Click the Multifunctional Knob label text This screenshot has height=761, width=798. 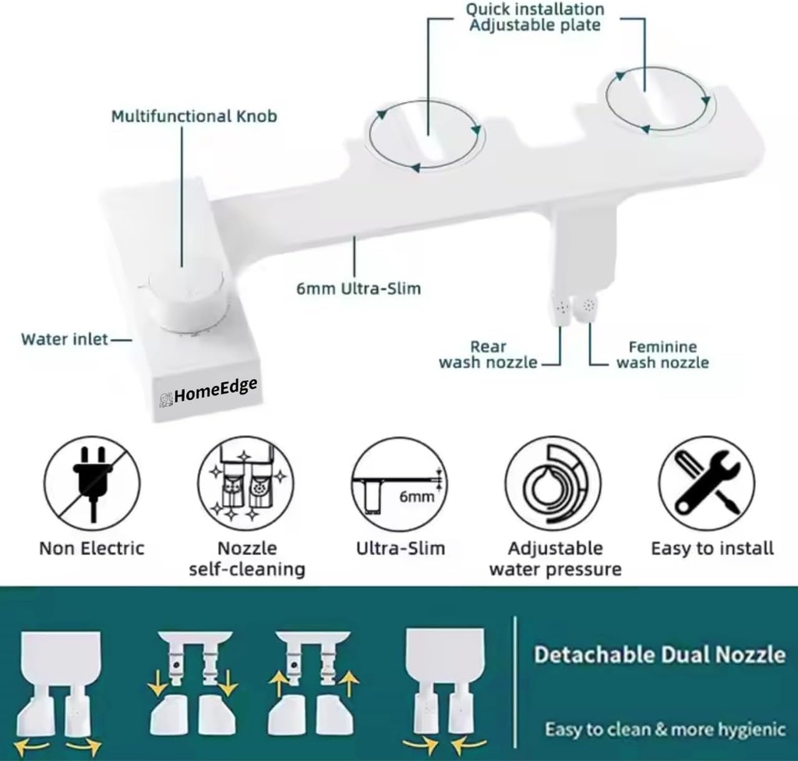point(193,117)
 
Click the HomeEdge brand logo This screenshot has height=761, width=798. point(208,391)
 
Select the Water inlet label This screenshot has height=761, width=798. point(65,339)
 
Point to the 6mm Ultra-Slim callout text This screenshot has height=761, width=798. point(358,288)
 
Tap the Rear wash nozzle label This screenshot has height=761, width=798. point(489,355)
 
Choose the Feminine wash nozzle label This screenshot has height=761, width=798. point(662,355)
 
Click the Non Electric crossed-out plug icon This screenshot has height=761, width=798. point(92,484)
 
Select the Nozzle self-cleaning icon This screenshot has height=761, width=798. point(245,484)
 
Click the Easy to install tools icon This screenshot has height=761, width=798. point(706,484)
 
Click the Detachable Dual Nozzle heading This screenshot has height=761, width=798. point(659,654)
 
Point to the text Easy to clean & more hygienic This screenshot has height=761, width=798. point(665,730)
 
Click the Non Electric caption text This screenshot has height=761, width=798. point(92,548)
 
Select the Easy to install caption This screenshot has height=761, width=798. point(712,548)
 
